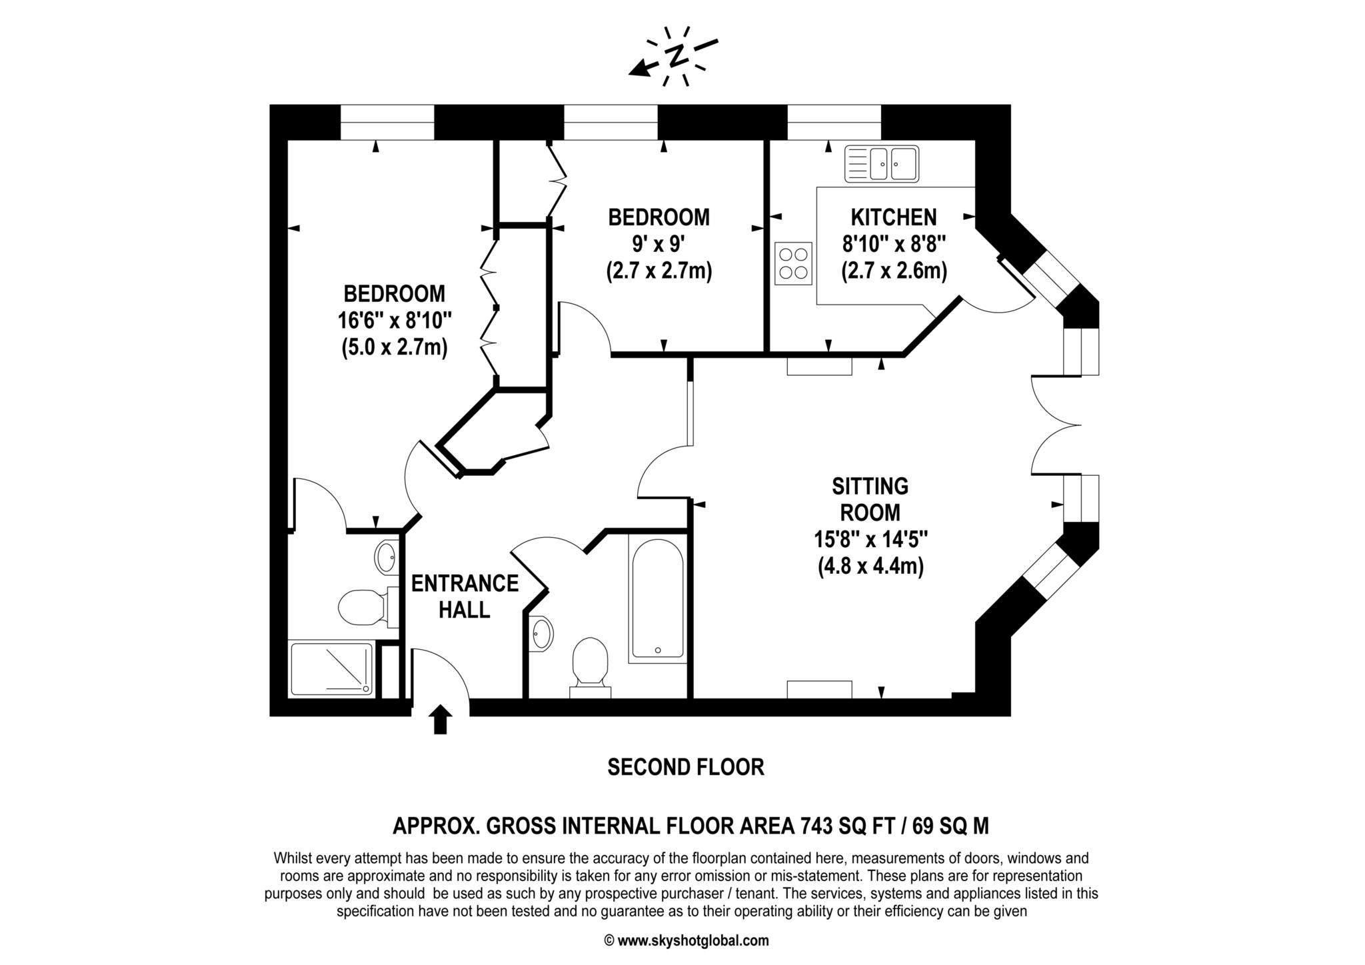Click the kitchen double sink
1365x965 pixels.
(x=882, y=164)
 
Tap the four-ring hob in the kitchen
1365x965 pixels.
(x=793, y=263)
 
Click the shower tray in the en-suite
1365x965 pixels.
(x=332, y=669)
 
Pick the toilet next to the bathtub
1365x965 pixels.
(x=591, y=667)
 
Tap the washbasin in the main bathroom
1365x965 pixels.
(x=542, y=633)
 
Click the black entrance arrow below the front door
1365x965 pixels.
(x=440, y=720)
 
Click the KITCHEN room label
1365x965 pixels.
(x=893, y=217)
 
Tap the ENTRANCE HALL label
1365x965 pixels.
(x=465, y=596)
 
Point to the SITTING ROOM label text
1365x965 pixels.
(x=870, y=499)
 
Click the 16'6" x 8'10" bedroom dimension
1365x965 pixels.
(x=395, y=321)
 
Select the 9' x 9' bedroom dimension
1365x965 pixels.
(x=659, y=244)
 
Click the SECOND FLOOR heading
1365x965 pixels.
(x=686, y=767)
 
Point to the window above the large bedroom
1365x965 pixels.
(x=387, y=123)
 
